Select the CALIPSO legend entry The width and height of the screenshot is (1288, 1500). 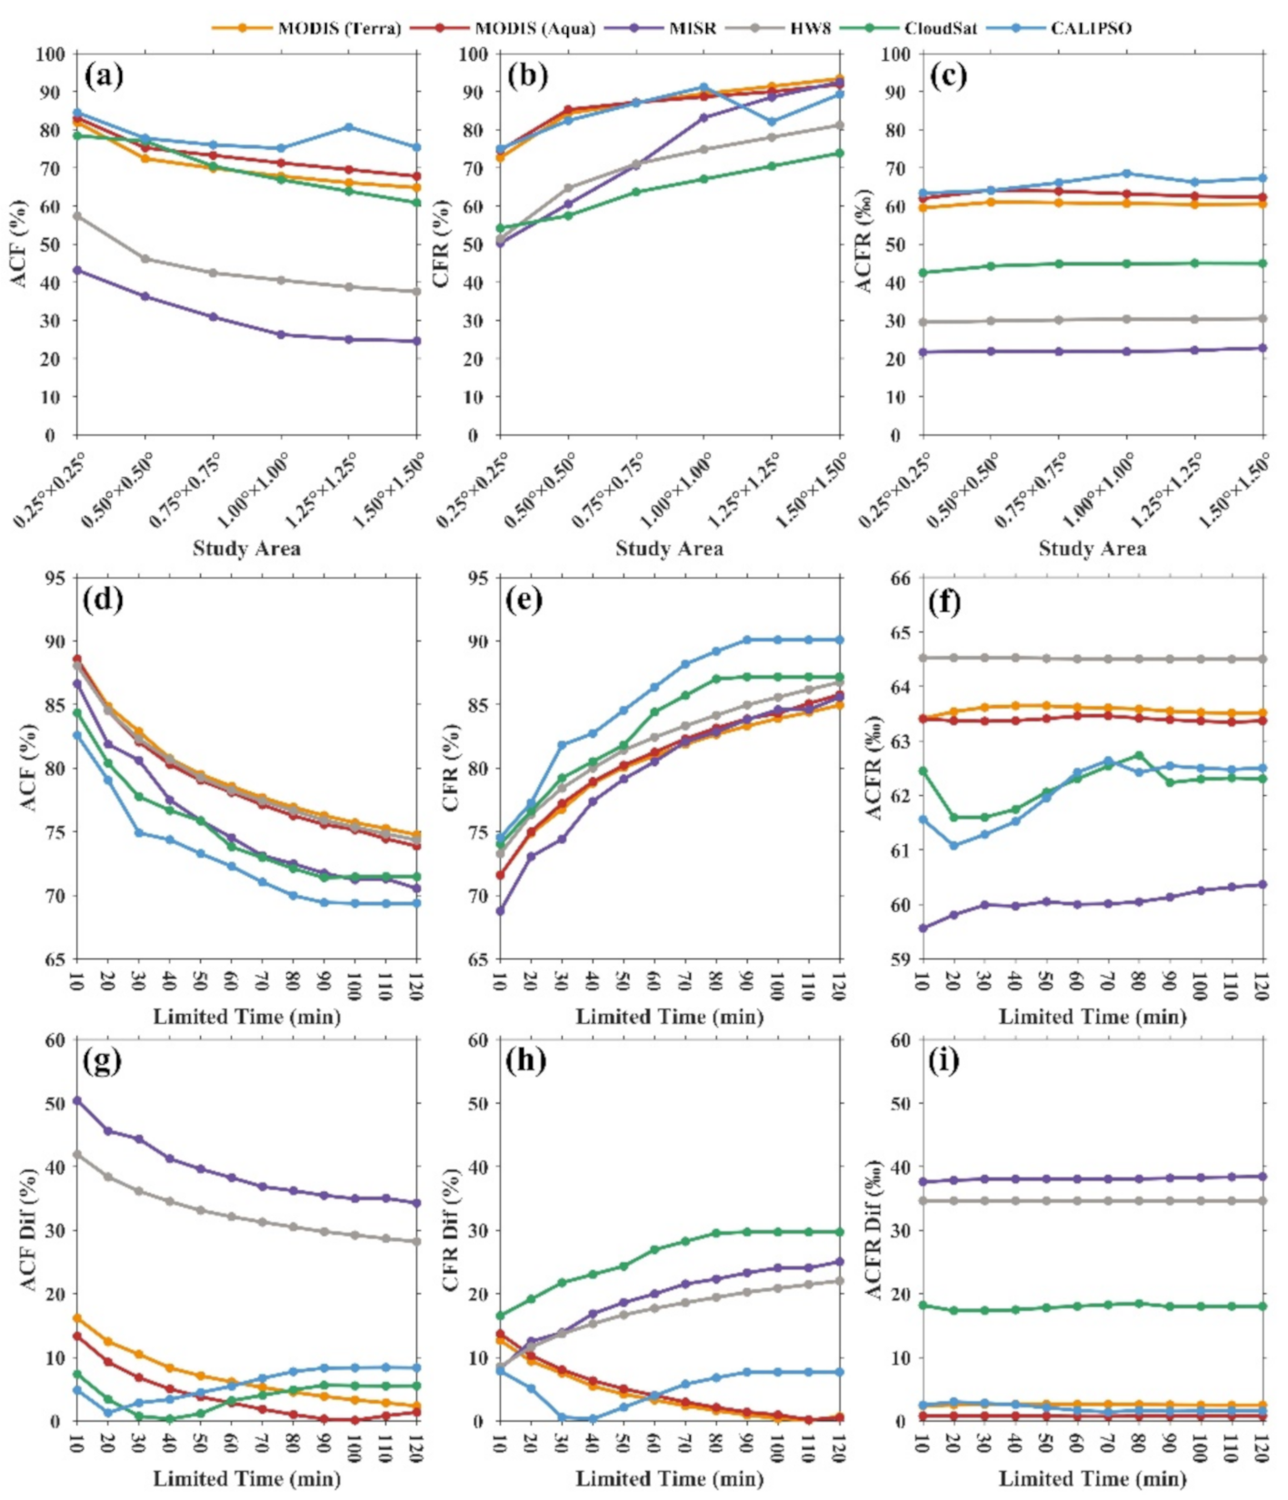click(1091, 28)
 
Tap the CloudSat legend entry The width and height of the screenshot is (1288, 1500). click(940, 28)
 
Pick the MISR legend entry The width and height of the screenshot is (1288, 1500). click(692, 28)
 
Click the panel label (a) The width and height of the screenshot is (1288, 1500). click(104, 75)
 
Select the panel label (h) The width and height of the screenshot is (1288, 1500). click(525, 1060)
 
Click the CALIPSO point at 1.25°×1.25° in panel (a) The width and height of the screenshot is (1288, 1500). click(349, 127)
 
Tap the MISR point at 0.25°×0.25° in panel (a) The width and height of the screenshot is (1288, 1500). click(77, 271)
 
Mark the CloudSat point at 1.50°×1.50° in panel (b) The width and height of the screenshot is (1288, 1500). click(840, 153)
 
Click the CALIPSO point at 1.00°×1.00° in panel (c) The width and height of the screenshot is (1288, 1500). click(1127, 174)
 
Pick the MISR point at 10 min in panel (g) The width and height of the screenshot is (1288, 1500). click(77, 1100)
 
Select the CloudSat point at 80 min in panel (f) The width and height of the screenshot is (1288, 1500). click(1139, 756)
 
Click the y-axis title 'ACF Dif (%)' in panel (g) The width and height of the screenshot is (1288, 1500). click(28, 1229)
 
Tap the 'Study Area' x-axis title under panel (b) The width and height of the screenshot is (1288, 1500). click(669, 549)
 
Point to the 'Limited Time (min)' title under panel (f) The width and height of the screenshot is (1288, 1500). click(1093, 1017)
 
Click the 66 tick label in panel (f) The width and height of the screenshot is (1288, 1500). click(900, 579)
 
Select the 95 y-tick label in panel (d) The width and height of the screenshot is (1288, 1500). click(55, 579)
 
